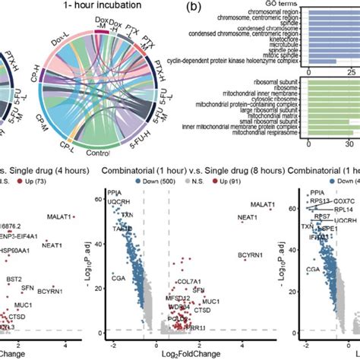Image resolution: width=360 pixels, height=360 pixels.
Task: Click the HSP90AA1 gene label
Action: (17, 253)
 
